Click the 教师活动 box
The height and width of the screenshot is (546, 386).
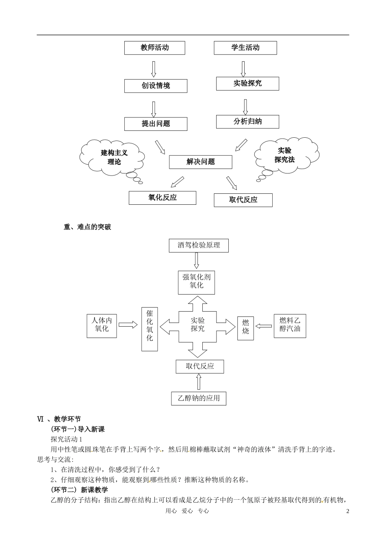point(154,48)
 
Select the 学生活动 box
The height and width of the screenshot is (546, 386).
point(245,48)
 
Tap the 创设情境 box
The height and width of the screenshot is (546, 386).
point(156,86)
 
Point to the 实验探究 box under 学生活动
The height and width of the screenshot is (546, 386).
point(247,84)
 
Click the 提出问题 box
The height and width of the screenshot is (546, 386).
point(156,124)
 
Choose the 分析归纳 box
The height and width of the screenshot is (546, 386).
point(247,121)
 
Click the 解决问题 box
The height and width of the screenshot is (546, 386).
point(200,162)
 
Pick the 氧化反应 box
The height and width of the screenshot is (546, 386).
point(163,198)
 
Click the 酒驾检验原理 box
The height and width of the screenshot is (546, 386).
point(199,245)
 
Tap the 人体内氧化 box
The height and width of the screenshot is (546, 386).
point(102,325)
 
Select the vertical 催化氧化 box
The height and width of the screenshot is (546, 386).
point(150,329)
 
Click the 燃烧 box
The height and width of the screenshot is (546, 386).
point(245,328)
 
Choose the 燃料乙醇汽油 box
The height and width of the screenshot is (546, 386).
point(290,325)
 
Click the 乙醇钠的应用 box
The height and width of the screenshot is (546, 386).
point(198,398)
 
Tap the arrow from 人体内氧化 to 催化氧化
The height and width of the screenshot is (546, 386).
point(128,325)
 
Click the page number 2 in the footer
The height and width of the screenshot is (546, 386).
point(347,511)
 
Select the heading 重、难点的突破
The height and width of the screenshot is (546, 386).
point(87,227)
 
